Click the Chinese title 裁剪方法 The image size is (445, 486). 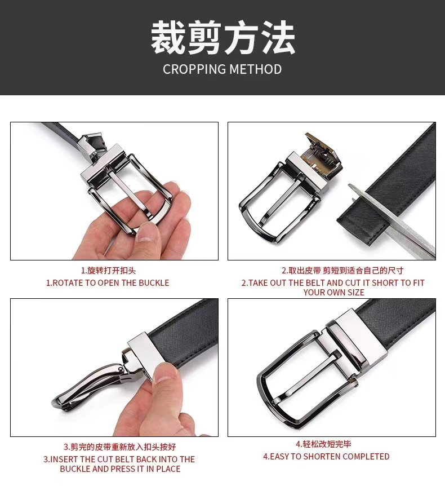click(x=222, y=38)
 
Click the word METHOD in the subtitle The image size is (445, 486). click(x=256, y=69)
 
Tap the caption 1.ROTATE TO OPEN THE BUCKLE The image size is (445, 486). click(x=108, y=283)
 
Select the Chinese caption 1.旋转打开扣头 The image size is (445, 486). click(x=108, y=271)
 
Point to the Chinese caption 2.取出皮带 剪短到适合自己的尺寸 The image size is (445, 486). click(x=342, y=271)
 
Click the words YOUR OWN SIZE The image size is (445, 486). click(x=334, y=292)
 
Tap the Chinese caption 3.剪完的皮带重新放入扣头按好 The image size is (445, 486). click(x=120, y=447)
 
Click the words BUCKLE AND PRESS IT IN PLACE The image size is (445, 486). click(x=120, y=469)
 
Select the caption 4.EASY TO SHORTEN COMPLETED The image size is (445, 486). click(x=326, y=457)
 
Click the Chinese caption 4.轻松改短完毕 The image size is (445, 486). click(x=323, y=444)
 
